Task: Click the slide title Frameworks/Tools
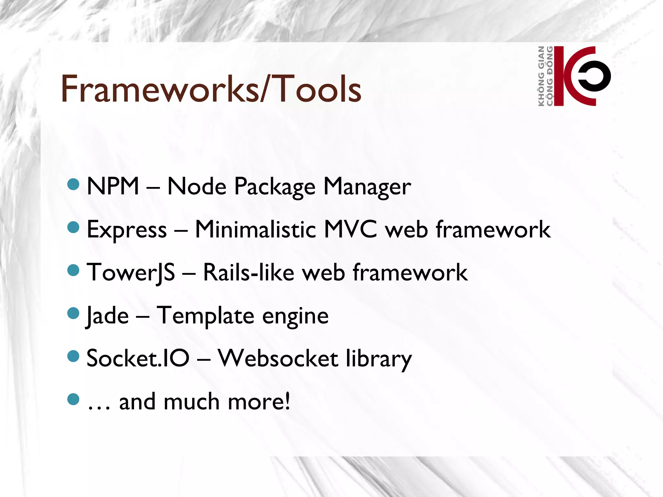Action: (x=211, y=89)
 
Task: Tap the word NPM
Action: (x=113, y=186)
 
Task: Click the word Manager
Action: (x=367, y=187)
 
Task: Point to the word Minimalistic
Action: (x=255, y=229)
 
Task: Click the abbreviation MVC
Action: (x=351, y=229)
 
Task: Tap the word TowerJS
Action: (x=131, y=273)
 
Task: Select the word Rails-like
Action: (x=249, y=272)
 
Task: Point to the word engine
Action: (x=295, y=316)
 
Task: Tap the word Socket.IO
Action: (x=138, y=359)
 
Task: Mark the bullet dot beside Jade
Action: (x=73, y=313)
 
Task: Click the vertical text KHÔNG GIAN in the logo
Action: (x=541, y=76)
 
